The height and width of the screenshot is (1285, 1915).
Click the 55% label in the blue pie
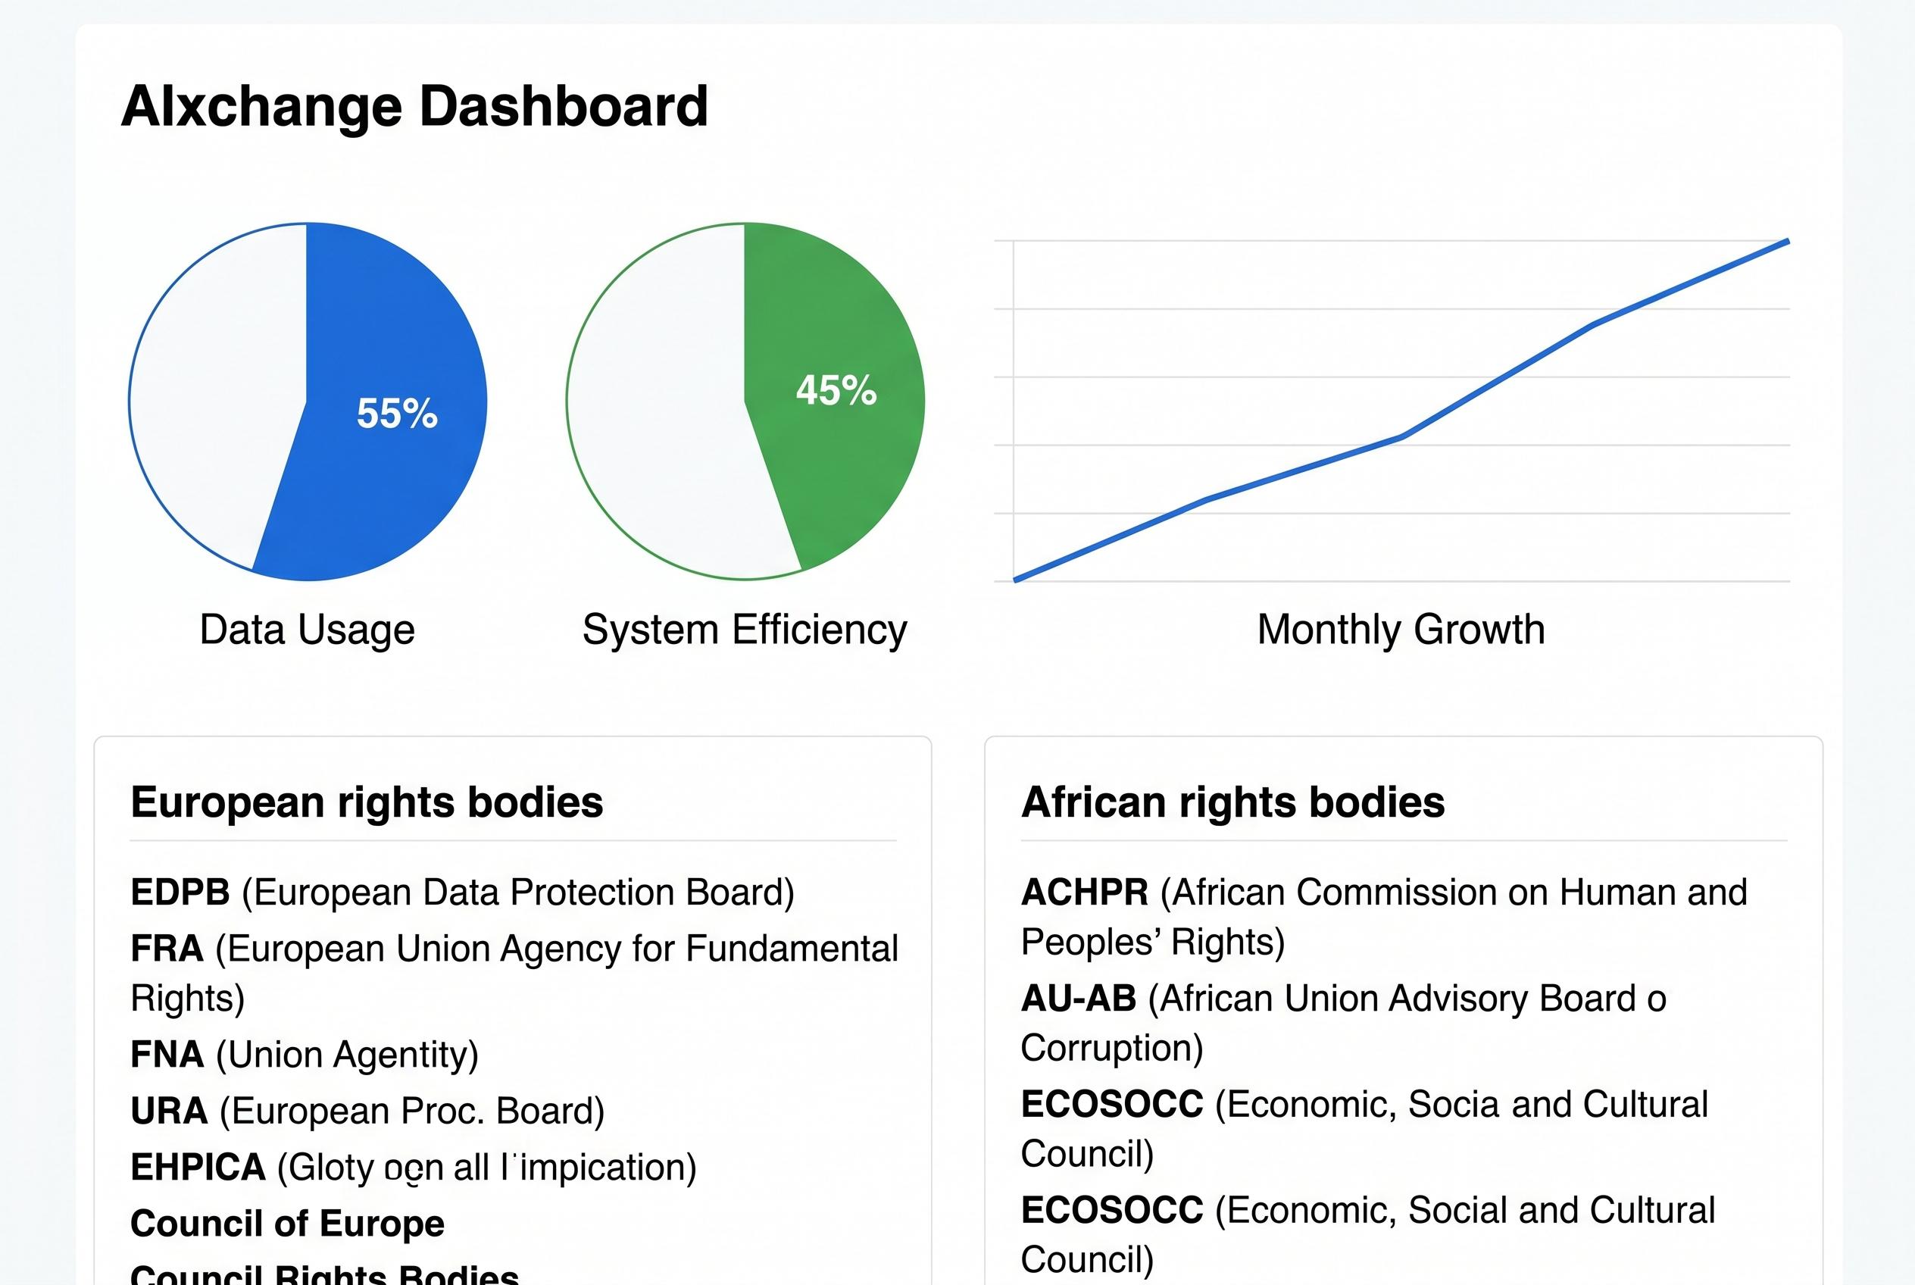pyautogui.click(x=397, y=412)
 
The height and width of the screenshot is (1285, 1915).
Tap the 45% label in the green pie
pyautogui.click(x=836, y=390)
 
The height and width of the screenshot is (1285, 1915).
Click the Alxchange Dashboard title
pyautogui.click(x=414, y=106)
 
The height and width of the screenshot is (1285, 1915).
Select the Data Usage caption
pyautogui.click(x=308, y=630)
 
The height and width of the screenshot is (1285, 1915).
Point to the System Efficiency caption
pyautogui.click(x=744, y=630)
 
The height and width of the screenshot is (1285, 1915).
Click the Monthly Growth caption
pyautogui.click(x=1401, y=630)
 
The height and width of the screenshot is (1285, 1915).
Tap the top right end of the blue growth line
pyautogui.click(x=1786, y=242)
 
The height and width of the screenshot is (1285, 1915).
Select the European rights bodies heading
pyautogui.click(x=367, y=802)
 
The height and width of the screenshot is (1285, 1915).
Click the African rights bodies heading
pyautogui.click(x=1232, y=802)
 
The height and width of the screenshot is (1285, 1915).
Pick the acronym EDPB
pyautogui.click(x=180, y=892)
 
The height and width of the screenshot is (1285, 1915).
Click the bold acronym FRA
pyautogui.click(x=167, y=948)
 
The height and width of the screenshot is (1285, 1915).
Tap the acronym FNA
pyautogui.click(x=167, y=1054)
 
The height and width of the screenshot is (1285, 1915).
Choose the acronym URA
pyautogui.click(x=169, y=1111)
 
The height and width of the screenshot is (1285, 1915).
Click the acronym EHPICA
pyautogui.click(x=198, y=1167)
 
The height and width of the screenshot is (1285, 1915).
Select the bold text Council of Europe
pyautogui.click(x=287, y=1223)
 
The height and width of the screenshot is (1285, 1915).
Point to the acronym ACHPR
pyautogui.click(x=1084, y=892)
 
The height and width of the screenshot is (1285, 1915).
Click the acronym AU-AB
pyautogui.click(x=1079, y=998)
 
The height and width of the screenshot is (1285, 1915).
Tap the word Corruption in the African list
pyautogui.click(x=1111, y=1047)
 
